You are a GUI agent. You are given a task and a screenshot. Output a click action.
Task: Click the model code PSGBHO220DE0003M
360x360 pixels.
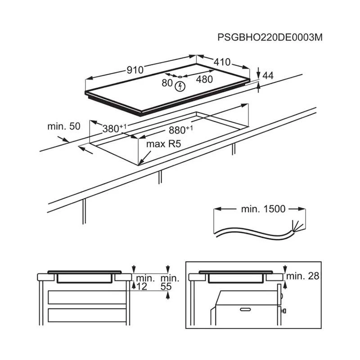tap(270, 37)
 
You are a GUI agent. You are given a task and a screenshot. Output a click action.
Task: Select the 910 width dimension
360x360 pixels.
tap(135, 70)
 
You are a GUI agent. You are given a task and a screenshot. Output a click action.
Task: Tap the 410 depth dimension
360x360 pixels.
tap(222, 62)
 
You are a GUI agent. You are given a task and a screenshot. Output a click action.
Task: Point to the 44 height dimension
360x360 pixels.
tap(268, 76)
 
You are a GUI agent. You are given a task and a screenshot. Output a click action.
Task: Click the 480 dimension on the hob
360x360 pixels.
tap(204, 80)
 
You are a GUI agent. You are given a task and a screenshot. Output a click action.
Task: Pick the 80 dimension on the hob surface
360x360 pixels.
tap(167, 83)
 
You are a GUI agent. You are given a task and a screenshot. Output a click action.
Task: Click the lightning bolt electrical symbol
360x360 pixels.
tap(180, 86)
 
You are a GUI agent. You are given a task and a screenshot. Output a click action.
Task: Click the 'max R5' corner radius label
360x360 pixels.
tap(163, 144)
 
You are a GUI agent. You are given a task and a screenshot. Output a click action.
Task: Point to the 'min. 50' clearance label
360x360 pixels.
tap(64, 126)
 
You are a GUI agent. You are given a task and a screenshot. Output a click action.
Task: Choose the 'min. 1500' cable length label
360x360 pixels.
tap(263, 209)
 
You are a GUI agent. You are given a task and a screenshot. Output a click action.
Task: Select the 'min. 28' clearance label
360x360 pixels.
tap(302, 276)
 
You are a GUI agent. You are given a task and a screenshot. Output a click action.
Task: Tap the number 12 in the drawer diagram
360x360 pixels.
tap(142, 287)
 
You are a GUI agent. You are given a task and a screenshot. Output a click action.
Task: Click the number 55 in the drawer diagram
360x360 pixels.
tap(166, 287)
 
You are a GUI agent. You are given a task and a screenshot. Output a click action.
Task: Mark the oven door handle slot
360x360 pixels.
tap(245, 310)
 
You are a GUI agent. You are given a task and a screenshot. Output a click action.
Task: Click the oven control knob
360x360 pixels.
tap(283, 311)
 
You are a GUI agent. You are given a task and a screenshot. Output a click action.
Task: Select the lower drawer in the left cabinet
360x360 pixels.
tap(87, 315)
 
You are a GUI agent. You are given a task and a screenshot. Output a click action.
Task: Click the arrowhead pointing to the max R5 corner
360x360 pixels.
tap(141, 163)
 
